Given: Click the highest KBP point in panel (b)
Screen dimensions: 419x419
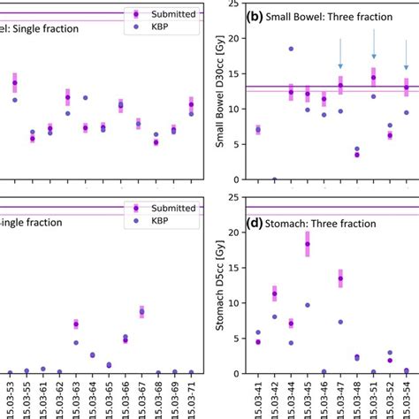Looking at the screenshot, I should pos(291,49).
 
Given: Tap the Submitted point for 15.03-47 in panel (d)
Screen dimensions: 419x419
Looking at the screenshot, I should pos(340,278).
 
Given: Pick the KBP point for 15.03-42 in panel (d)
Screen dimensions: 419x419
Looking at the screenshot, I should pos(275,316).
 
